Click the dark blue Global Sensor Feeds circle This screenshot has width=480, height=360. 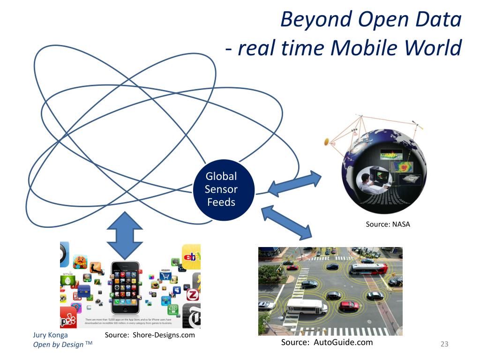pos(221,190)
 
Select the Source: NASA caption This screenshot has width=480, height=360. pos(388,224)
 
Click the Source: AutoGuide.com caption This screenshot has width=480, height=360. pos(327,342)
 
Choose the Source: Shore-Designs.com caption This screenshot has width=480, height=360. pos(150,335)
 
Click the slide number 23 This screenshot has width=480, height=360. pos(444,345)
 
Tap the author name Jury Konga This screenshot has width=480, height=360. pos(50,335)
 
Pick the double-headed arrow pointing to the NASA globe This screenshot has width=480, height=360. pos(294,183)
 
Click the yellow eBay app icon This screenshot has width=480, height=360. pos(191,256)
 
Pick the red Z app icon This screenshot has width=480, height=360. pos(192,295)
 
